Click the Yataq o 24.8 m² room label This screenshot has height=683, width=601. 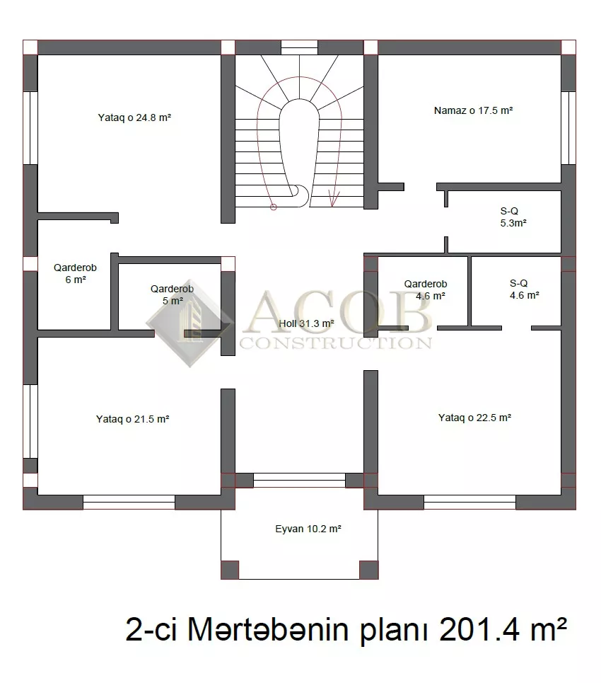(x=134, y=117)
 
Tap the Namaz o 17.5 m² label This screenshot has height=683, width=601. (x=474, y=110)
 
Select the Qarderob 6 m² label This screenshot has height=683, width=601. (x=75, y=273)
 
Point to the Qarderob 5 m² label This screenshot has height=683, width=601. (x=173, y=295)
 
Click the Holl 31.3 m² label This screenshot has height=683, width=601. (x=306, y=323)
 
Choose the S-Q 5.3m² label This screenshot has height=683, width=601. (x=513, y=217)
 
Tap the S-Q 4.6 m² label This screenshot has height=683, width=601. (x=525, y=289)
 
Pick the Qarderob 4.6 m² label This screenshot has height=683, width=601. (x=426, y=290)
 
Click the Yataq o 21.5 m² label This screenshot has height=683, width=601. (x=133, y=419)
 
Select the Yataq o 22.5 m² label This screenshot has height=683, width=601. (x=475, y=418)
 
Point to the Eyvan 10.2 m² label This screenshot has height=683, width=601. (x=308, y=529)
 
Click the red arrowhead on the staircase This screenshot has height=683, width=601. (x=334, y=199)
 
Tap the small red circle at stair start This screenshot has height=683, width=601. (x=274, y=207)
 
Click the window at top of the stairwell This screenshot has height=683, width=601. (x=299, y=47)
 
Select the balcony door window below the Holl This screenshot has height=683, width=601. (x=299, y=481)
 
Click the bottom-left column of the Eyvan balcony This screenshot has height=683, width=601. (x=230, y=570)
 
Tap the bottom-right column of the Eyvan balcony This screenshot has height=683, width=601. (x=369, y=570)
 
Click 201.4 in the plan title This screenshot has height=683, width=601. (x=482, y=630)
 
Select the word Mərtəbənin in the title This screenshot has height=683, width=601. (x=268, y=630)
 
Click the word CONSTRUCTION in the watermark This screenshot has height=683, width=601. (x=336, y=343)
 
